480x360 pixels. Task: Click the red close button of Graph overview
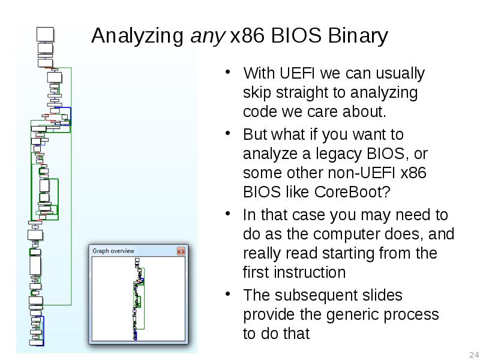[x=181, y=251]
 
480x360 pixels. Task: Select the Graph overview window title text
[x=113, y=251]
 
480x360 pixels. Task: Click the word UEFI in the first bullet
[x=297, y=74]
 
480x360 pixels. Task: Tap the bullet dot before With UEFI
[x=229, y=73]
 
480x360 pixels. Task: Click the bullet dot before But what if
[x=229, y=133]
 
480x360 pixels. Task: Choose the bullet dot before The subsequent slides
[x=229, y=295]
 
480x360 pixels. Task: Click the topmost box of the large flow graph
[x=45, y=34]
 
